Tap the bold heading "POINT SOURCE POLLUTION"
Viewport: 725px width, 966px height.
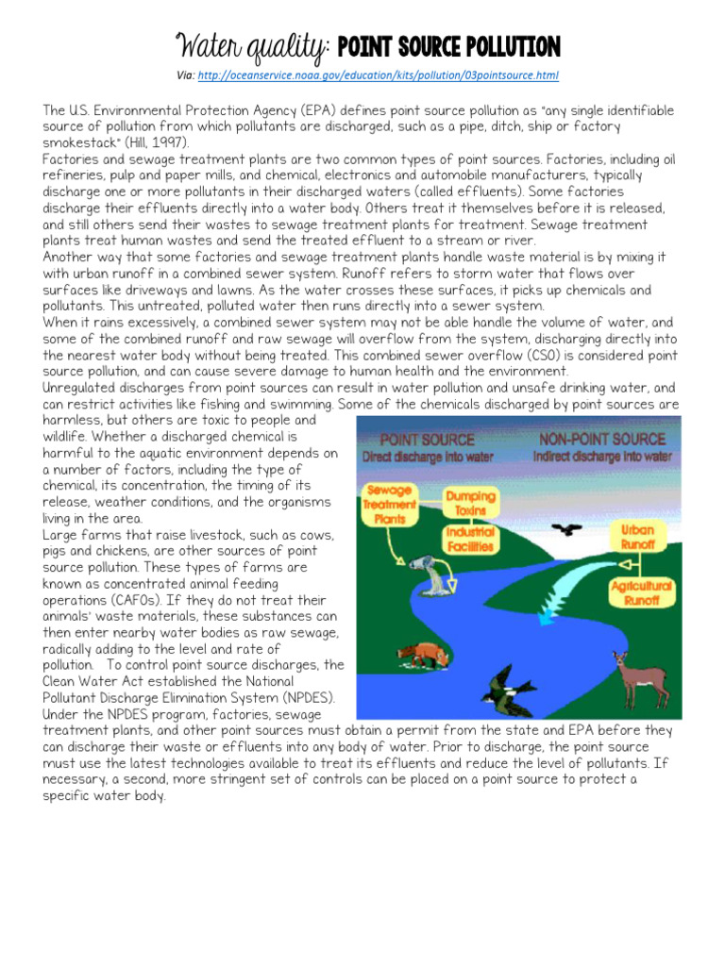coord(448,46)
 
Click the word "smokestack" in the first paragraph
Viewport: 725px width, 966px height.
coord(78,142)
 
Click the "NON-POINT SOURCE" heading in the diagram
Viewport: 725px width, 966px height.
coord(601,440)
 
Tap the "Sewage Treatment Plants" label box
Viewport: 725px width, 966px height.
coord(388,504)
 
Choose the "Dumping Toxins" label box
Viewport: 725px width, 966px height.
coord(470,501)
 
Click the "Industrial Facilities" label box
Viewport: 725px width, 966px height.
coord(470,539)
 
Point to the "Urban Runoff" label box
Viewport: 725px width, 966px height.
coord(637,537)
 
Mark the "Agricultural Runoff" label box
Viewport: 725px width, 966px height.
coord(641,592)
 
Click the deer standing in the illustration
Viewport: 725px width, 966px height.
coord(632,677)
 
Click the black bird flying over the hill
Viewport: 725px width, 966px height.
coord(566,530)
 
